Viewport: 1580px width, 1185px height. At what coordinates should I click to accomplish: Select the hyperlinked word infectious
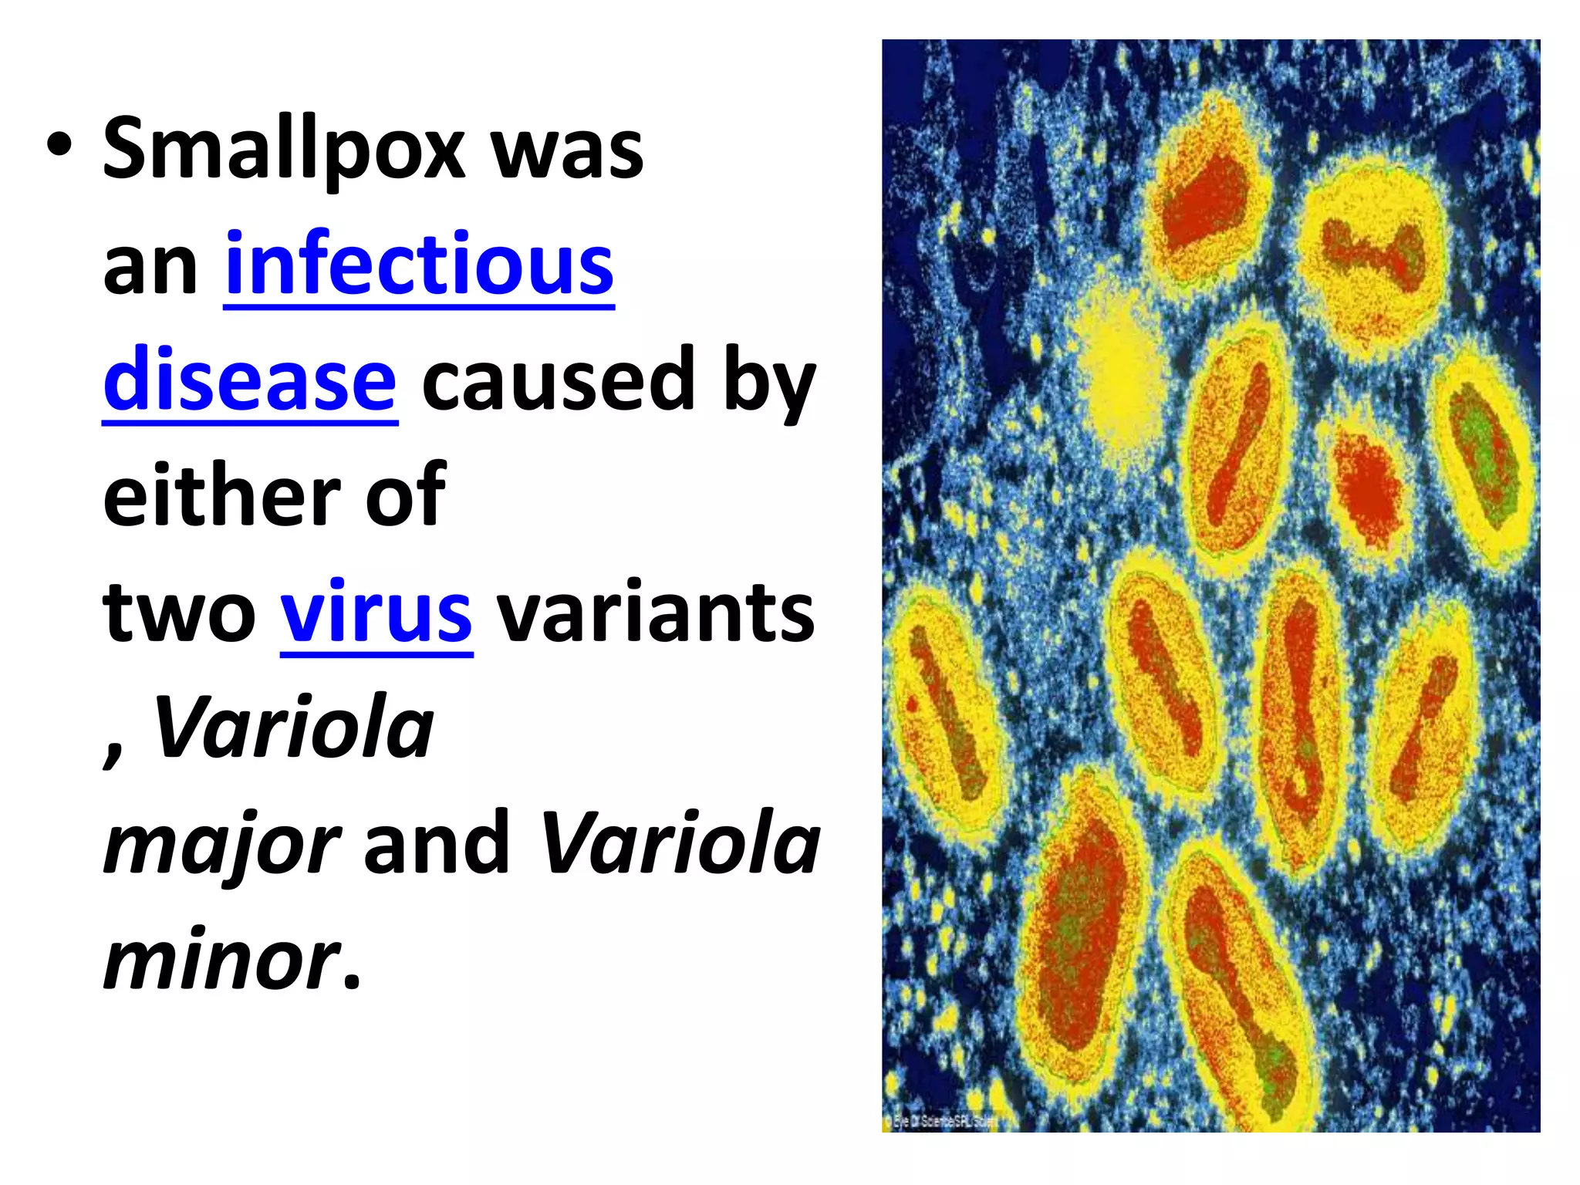point(419,265)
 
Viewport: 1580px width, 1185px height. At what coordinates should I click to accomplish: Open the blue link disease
point(250,380)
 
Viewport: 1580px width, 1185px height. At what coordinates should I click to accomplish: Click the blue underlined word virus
point(376,613)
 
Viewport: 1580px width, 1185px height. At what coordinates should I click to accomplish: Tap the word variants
point(655,613)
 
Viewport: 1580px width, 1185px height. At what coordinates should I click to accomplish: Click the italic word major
point(221,844)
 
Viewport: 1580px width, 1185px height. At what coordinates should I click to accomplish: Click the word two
point(179,613)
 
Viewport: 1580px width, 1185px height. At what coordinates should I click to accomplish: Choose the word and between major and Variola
point(437,844)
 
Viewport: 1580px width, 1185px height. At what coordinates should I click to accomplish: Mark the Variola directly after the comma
point(293,728)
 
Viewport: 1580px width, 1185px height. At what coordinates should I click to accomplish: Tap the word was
point(567,149)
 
